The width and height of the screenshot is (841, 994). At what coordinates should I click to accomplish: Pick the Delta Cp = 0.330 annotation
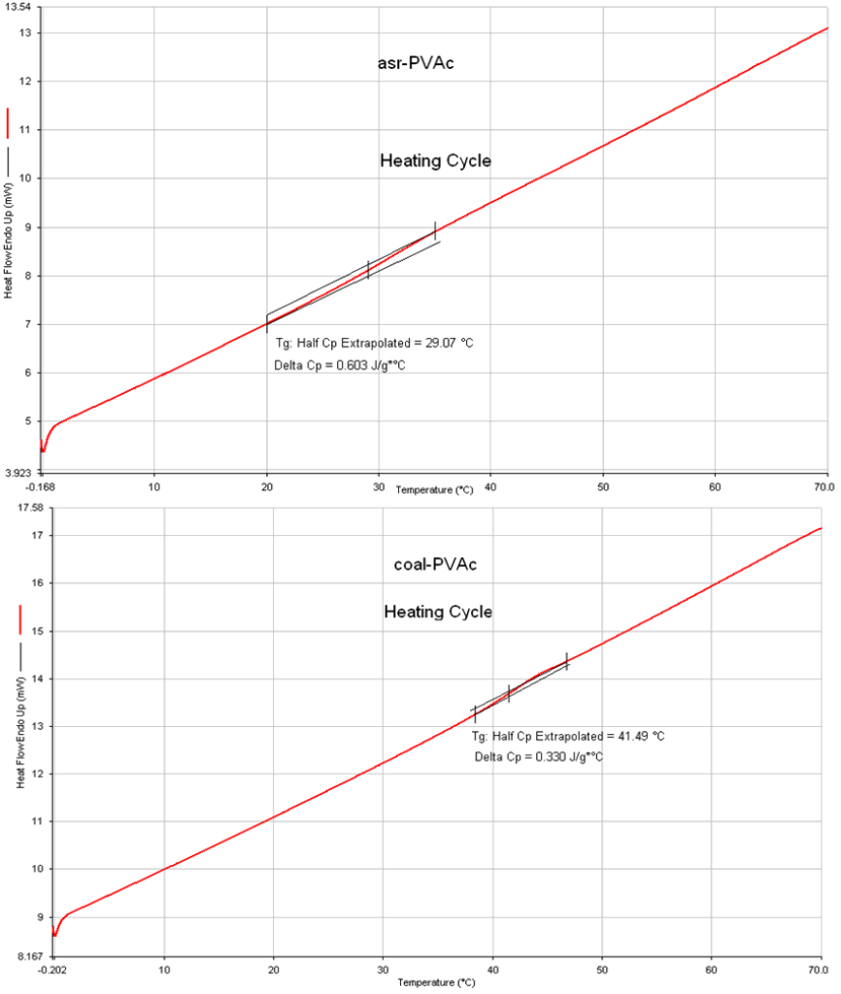tap(539, 757)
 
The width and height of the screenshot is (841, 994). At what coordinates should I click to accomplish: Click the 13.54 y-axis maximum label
tap(18, 8)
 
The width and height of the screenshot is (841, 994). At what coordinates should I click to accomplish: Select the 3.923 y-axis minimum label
tap(20, 473)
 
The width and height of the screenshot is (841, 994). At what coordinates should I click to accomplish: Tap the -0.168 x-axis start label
tap(40, 484)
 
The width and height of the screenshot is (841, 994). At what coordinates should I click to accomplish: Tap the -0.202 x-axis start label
tap(52, 969)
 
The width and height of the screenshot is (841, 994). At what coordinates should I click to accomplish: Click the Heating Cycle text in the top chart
tap(435, 161)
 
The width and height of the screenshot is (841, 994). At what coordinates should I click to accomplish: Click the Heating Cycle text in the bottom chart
tap(438, 613)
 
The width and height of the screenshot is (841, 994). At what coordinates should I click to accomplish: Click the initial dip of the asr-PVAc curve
tap(43, 449)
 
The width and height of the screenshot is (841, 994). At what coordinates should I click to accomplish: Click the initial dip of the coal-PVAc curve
tap(55, 934)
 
